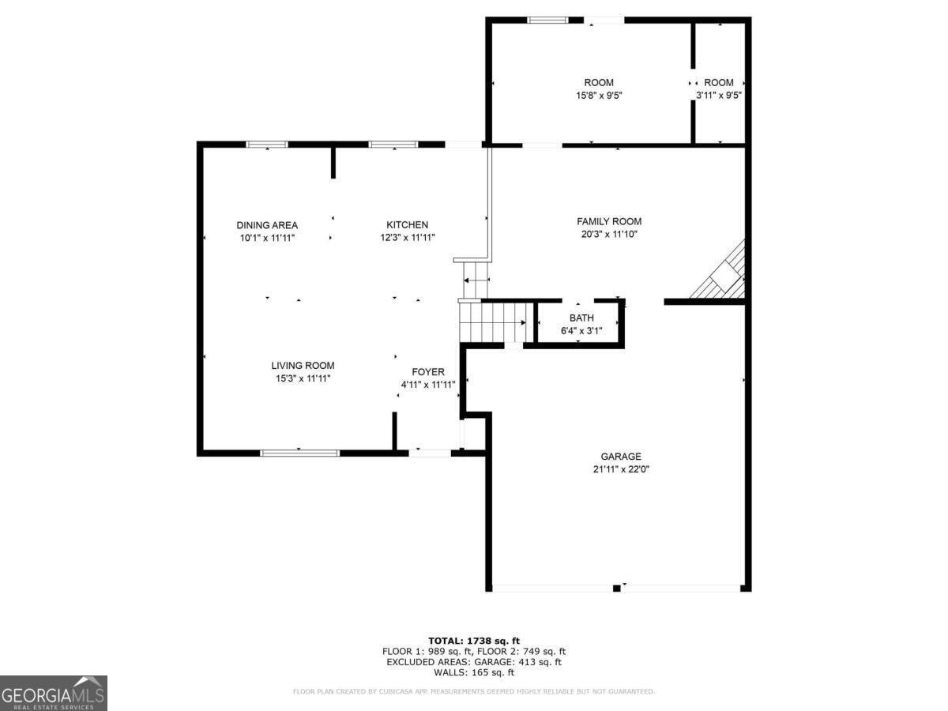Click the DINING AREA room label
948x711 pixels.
[x=267, y=225]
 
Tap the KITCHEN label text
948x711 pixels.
[x=407, y=225]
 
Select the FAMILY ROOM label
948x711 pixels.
[x=608, y=222]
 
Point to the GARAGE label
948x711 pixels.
[x=620, y=457]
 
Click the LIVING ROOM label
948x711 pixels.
[x=303, y=366]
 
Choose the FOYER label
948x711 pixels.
[x=427, y=372]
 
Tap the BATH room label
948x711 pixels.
[x=581, y=318]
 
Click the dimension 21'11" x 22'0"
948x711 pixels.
[x=620, y=469]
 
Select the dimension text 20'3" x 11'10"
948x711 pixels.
[x=608, y=235]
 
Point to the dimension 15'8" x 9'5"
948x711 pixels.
[x=598, y=96]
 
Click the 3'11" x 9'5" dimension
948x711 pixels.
[x=718, y=96]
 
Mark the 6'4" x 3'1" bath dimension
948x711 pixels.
[x=581, y=331]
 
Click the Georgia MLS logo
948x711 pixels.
[x=53, y=693]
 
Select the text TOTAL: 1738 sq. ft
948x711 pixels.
[x=473, y=641]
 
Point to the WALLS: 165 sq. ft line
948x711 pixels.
[x=473, y=673]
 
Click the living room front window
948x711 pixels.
[x=299, y=453]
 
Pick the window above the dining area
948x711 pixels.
[x=266, y=145]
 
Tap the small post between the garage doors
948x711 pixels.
[x=615, y=588]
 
